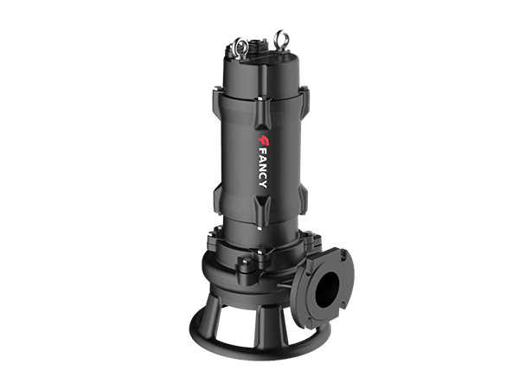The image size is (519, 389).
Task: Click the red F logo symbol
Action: click(264, 140)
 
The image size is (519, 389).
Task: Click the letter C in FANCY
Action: click(262, 175)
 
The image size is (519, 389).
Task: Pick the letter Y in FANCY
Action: click(262, 183)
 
